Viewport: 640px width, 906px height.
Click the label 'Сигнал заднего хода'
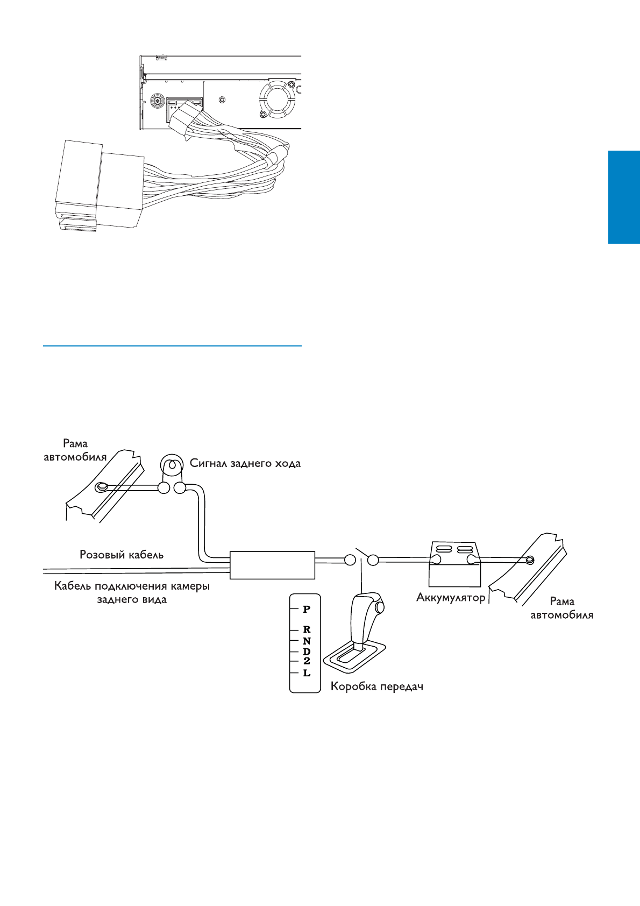coord(245,463)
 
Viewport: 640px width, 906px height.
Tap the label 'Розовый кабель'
coord(122,554)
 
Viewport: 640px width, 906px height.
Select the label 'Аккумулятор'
coord(451,597)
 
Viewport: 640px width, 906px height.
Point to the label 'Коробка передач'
coord(376,687)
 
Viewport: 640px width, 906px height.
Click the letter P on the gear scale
coord(307,610)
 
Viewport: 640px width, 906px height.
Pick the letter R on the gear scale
coord(307,629)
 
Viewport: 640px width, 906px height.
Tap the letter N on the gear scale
coord(307,641)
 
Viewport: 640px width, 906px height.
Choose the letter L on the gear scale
coord(307,673)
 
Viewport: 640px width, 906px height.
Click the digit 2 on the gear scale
coord(307,661)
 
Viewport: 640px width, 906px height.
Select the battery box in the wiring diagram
coord(454,564)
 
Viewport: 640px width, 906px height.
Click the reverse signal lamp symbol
coord(172,465)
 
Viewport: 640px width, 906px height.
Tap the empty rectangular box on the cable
coord(272,565)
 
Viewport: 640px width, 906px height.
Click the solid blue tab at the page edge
coord(624,197)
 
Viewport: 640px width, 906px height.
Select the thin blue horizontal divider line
coord(172,346)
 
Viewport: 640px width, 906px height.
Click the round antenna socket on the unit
coord(158,101)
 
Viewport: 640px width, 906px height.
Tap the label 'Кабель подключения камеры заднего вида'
coord(132,592)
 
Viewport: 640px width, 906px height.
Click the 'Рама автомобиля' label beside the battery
coord(562,608)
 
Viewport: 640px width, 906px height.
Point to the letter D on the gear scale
coord(307,652)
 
